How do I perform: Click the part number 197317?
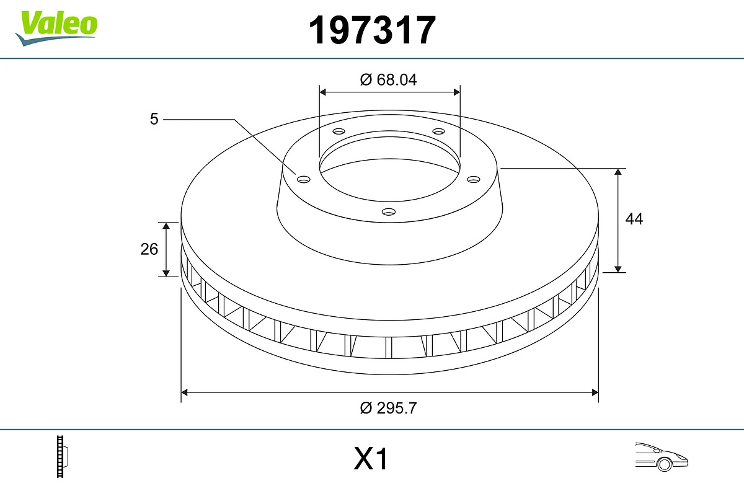pyautogui.click(x=372, y=30)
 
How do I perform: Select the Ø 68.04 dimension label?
pyautogui.click(x=389, y=79)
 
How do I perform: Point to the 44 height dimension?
pyautogui.click(x=634, y=219)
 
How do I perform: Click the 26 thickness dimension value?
pyautogui.click(x=149, y=249)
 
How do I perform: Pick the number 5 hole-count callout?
pyautogui.click(x=154, y=119)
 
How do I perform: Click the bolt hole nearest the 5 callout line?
pyautogui.click(x=303, y=179)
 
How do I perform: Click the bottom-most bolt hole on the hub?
pyautogui.click(x=389, y=212)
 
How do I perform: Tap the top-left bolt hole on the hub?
pyautogui.click(x=339, y=131)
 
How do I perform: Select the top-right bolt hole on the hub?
pyautogui.click(x=439, y=131)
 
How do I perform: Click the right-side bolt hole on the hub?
pyautogui.click(x=474, y=179)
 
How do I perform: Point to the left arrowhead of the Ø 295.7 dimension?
pyautogui.click(x=185, y=392)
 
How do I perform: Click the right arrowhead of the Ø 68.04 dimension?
pyautogui.click(x=457, y=92)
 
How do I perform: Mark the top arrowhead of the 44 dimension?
pyautogui.click(x=618, y=172)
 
